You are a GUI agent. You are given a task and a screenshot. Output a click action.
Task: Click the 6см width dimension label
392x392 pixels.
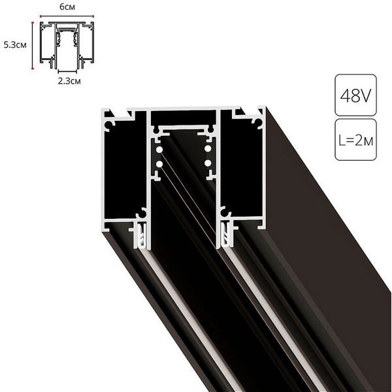tap(67, 6)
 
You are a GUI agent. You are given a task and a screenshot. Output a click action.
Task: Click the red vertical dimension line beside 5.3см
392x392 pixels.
tap(31, 46)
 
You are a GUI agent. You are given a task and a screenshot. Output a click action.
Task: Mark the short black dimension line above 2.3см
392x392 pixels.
tap(67, 73)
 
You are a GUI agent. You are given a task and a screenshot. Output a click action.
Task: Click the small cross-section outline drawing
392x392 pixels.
tap(67, 44)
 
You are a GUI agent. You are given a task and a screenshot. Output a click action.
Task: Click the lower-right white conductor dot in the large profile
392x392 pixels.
tap(207, 163)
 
